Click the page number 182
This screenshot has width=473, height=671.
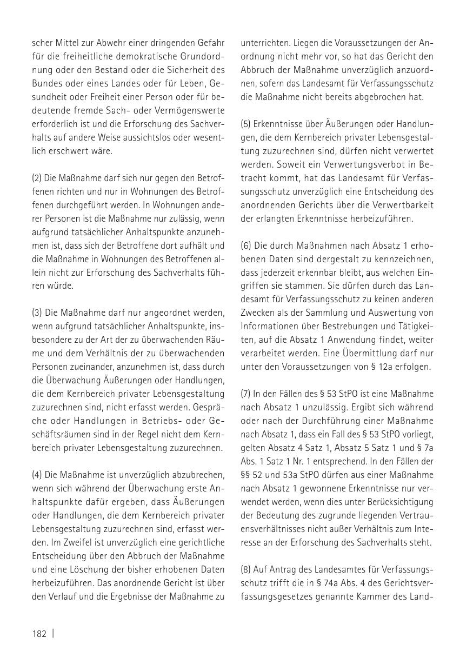39,633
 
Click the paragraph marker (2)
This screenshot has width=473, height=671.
37,178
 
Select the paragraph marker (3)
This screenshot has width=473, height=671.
37,313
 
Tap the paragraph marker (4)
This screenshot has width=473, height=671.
37,475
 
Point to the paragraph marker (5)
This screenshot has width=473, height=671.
247,124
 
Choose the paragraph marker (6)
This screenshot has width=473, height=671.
247,245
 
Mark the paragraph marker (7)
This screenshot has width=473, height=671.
247,394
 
